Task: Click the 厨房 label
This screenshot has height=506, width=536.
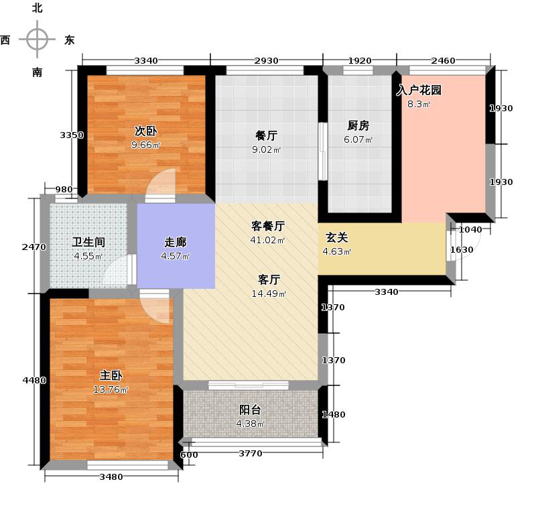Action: (358, 125)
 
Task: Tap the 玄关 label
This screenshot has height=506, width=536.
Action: (336, 237)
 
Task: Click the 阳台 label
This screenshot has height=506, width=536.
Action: (250, 409)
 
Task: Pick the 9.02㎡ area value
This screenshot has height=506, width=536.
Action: (266, 150)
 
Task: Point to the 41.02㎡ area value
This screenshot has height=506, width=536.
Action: (267, 240)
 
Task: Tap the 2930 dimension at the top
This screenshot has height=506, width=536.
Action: (266, 61)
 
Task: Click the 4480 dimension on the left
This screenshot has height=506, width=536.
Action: (34, 381)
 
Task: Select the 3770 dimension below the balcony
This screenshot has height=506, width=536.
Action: (251, 454)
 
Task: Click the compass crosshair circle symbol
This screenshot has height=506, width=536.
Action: (38, 39)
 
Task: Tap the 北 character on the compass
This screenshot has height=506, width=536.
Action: (37, 9)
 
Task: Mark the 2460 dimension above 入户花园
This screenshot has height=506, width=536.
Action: (443, 61)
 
